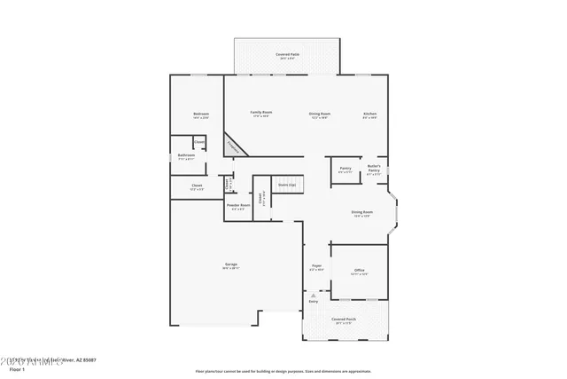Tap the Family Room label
pos(260,114)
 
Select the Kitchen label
pos(370,114)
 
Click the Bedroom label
pos(200,114)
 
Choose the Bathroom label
pos(186,156)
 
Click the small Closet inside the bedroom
pos(200,143)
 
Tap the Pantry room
pos(345,170)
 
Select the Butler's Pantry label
pos(374,170)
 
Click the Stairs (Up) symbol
pos(286,186)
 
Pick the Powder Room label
pos(237,207)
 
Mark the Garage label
pos(230,265)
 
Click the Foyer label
pos(316,266)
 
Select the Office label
pos(359,271)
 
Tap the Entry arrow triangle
pos(313,296)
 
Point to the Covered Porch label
pos(344,320)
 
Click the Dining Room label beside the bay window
pos(361,213)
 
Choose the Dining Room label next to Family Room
pos(319,114)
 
